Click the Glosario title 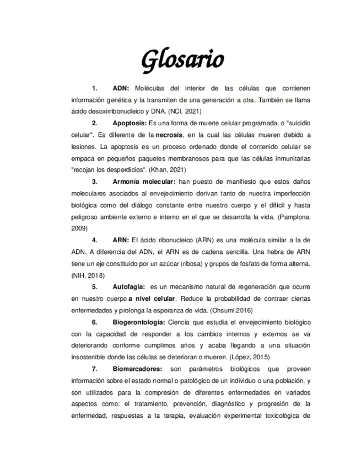tap(182, 60)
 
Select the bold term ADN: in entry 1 tap(121, 88)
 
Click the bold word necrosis tap(171, 134)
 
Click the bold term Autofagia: tap(129, 287)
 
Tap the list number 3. tap(95, 182)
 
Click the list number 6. tap(95, 322)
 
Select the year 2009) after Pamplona tap(80, 227)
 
